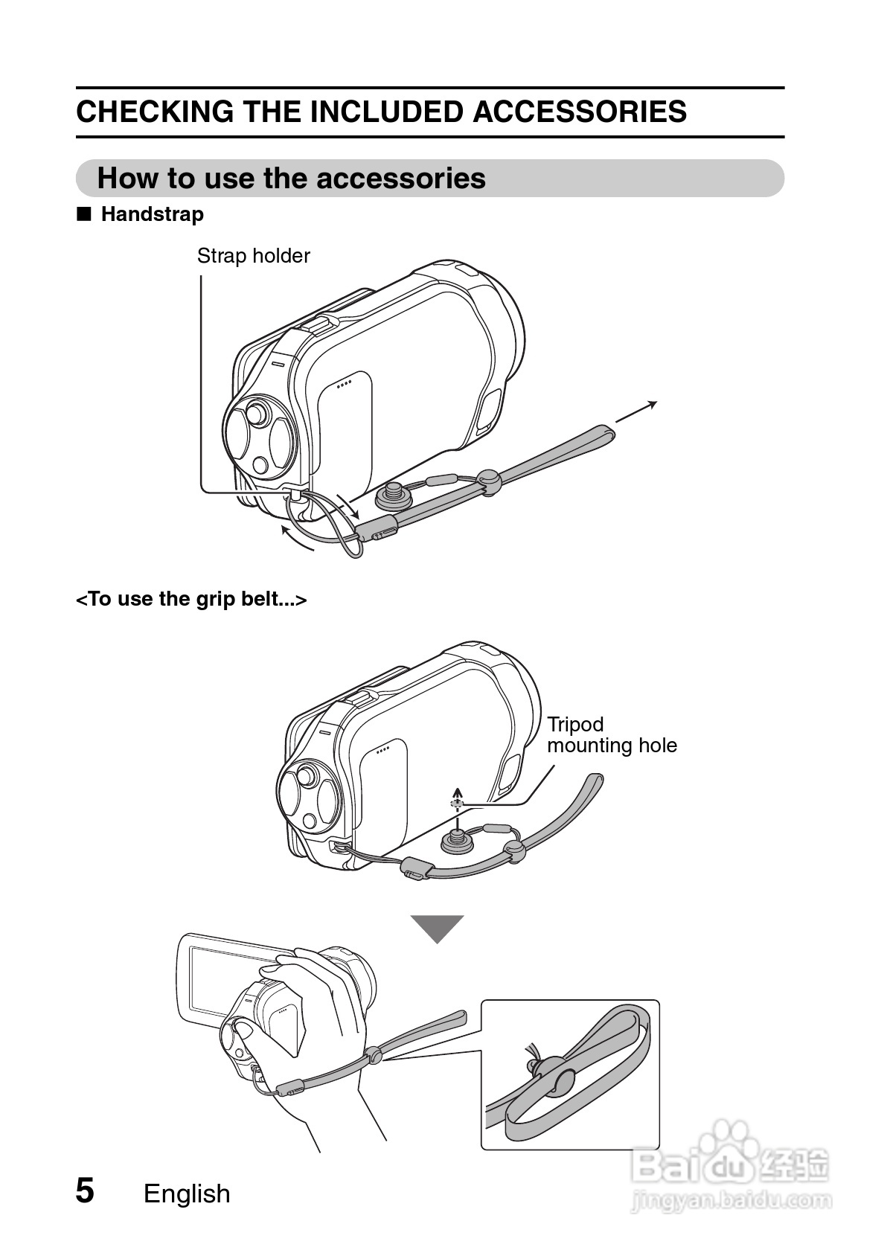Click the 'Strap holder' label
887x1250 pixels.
(x=253, y=256)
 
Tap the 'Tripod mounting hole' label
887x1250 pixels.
(x=612, y=735)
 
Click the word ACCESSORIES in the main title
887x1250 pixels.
(x=579, y=112)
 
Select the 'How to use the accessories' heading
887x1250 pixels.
(x=291, y=179)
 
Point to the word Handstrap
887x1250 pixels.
(x=152, y=214)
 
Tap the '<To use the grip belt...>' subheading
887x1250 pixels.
(x=191, y=599)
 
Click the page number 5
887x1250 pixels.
(x=86, y=1190)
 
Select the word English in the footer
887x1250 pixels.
(x=187, y=1193)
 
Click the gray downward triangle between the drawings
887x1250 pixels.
(x=438, y=928)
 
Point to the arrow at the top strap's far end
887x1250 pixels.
(x=637, y=411)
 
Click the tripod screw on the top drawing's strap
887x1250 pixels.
(x=392, y=494)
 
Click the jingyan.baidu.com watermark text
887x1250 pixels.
(x=731, y=1200)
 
